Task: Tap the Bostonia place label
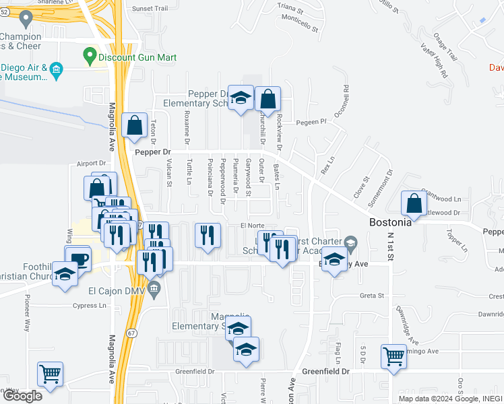(390, 222)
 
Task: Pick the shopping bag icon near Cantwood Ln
(414, 203)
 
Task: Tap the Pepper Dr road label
(153, 153)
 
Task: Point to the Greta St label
(371, 296)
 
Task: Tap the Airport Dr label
(92, 163)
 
